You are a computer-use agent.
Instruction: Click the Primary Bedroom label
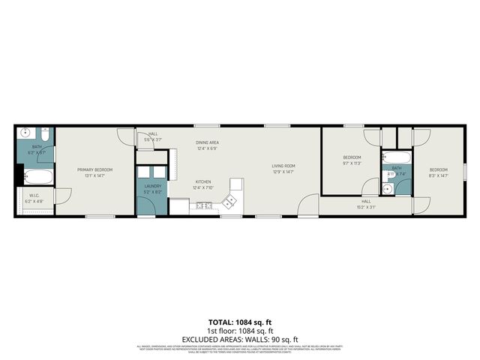pos(94,169)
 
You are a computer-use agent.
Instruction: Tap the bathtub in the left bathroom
pos(36,178)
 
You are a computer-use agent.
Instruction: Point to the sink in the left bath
pos(24,134)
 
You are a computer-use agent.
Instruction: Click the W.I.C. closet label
pos(34,198)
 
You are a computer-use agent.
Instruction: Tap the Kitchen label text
pos(202,182)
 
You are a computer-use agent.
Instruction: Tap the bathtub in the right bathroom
pos(396,158)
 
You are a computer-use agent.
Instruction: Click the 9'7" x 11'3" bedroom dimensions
pos(352,163)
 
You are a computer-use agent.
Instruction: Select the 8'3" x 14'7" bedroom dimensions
pos(438,175)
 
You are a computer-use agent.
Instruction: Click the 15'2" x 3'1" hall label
pos(366,206)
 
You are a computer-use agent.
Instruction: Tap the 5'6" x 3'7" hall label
pos(153,139)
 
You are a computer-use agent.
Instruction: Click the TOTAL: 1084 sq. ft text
pos(240,321)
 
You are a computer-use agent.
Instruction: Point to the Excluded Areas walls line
pos(240,338)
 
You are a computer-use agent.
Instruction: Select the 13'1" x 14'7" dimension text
pos(94,175)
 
